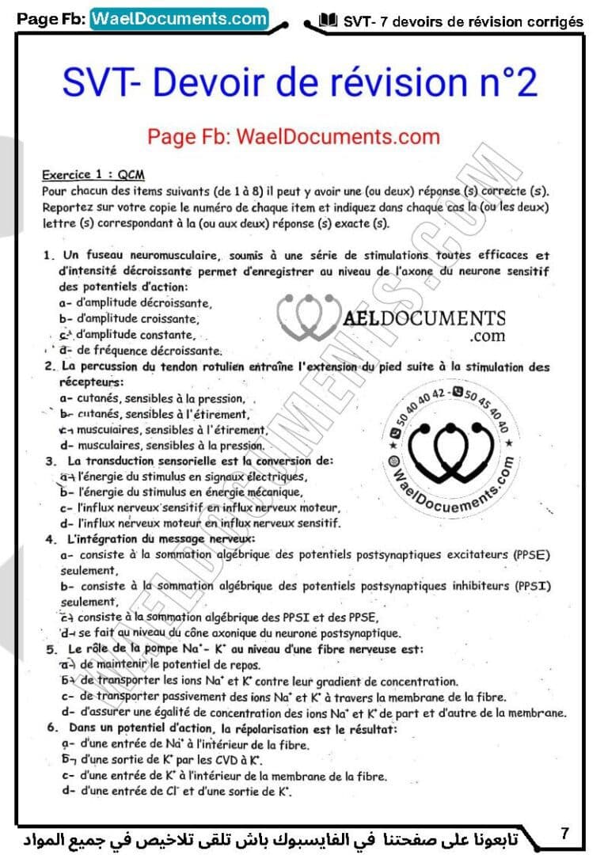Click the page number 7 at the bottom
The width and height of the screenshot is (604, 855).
click(564, 833)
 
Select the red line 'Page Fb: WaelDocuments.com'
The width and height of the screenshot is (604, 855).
click(293, 136)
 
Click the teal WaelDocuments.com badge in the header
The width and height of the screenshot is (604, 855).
click(179, 18)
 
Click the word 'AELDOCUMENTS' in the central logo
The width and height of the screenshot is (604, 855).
click(424, 318)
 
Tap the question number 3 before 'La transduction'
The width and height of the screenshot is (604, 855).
click(49, 461)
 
